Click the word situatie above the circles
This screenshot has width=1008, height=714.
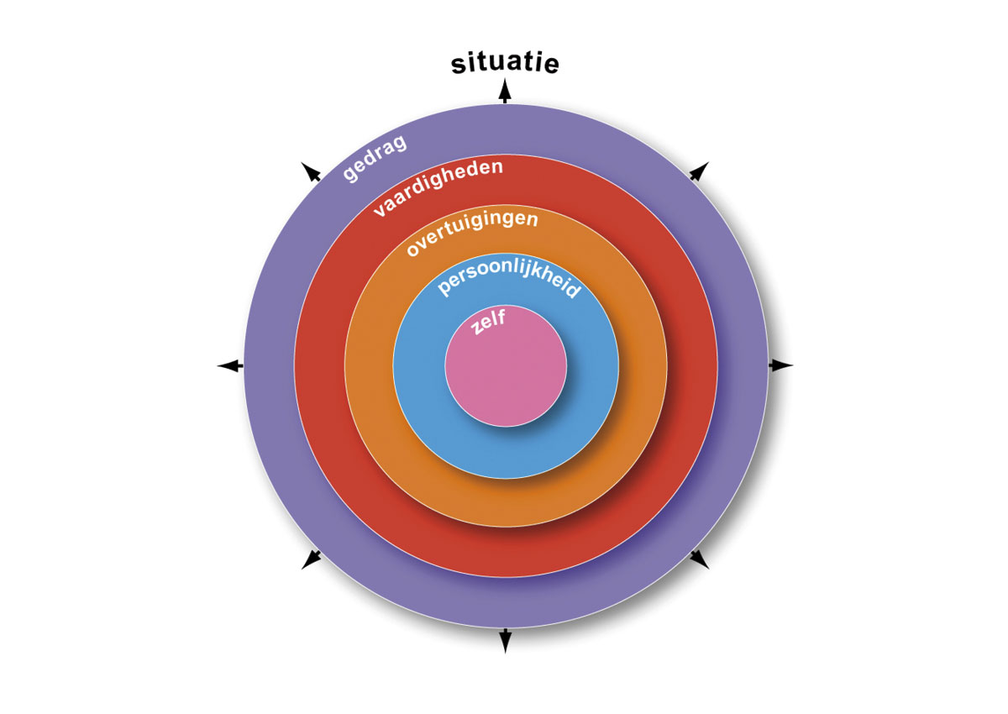coord(505,64)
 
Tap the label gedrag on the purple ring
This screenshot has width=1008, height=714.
coord(375,156)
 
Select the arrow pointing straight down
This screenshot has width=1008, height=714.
coord(506,641)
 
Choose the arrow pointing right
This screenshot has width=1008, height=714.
coord(782,365)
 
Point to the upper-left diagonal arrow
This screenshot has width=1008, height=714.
coord(311,172)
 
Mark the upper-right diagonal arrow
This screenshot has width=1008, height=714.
coord(699,171)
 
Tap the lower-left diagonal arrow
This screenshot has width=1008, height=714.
coord(312,559)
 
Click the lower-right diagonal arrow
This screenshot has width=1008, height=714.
coord(699,559)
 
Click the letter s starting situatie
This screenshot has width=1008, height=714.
coord(459,66)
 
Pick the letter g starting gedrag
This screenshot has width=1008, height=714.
coord(349,174)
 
